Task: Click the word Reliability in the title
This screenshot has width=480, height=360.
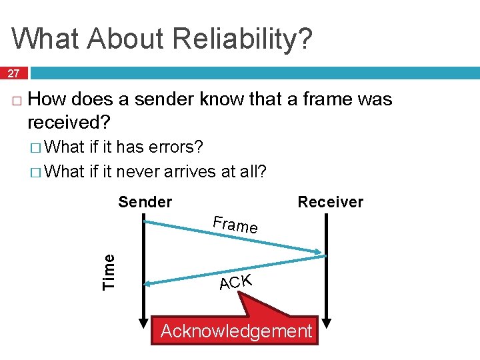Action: (x=227, y=39)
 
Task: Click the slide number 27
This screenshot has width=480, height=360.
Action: (x=13, y=73)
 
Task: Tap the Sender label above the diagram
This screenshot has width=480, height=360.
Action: (x=145, y=202)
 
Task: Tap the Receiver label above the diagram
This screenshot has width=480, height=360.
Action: (x=330, y=202)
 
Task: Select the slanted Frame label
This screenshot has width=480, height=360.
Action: (x=235, y=225)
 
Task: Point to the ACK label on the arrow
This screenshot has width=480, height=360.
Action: (x=235, y=282)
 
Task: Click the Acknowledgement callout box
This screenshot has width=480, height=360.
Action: (x=236, y=331)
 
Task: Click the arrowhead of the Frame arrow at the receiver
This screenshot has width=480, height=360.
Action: (x=319, y=252)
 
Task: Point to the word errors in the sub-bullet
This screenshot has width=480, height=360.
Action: (x=177, y=147)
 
